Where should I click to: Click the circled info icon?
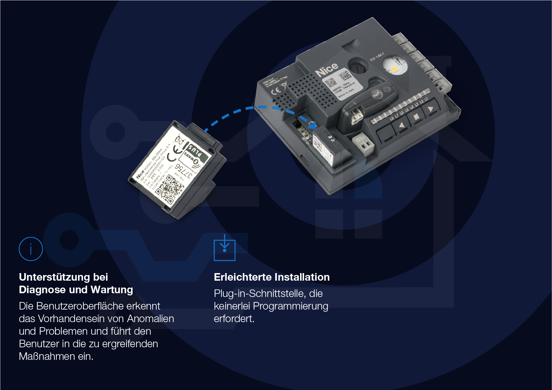tap(31, 249)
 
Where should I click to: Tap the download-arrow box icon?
tap(225, 250)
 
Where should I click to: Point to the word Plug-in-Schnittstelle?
tap(260, 294)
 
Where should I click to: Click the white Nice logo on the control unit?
tap(326, 70)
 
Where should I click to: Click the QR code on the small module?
tap(170, 189)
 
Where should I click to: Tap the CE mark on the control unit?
tap(276, 91)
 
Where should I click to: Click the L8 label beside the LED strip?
tap(391, 118)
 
